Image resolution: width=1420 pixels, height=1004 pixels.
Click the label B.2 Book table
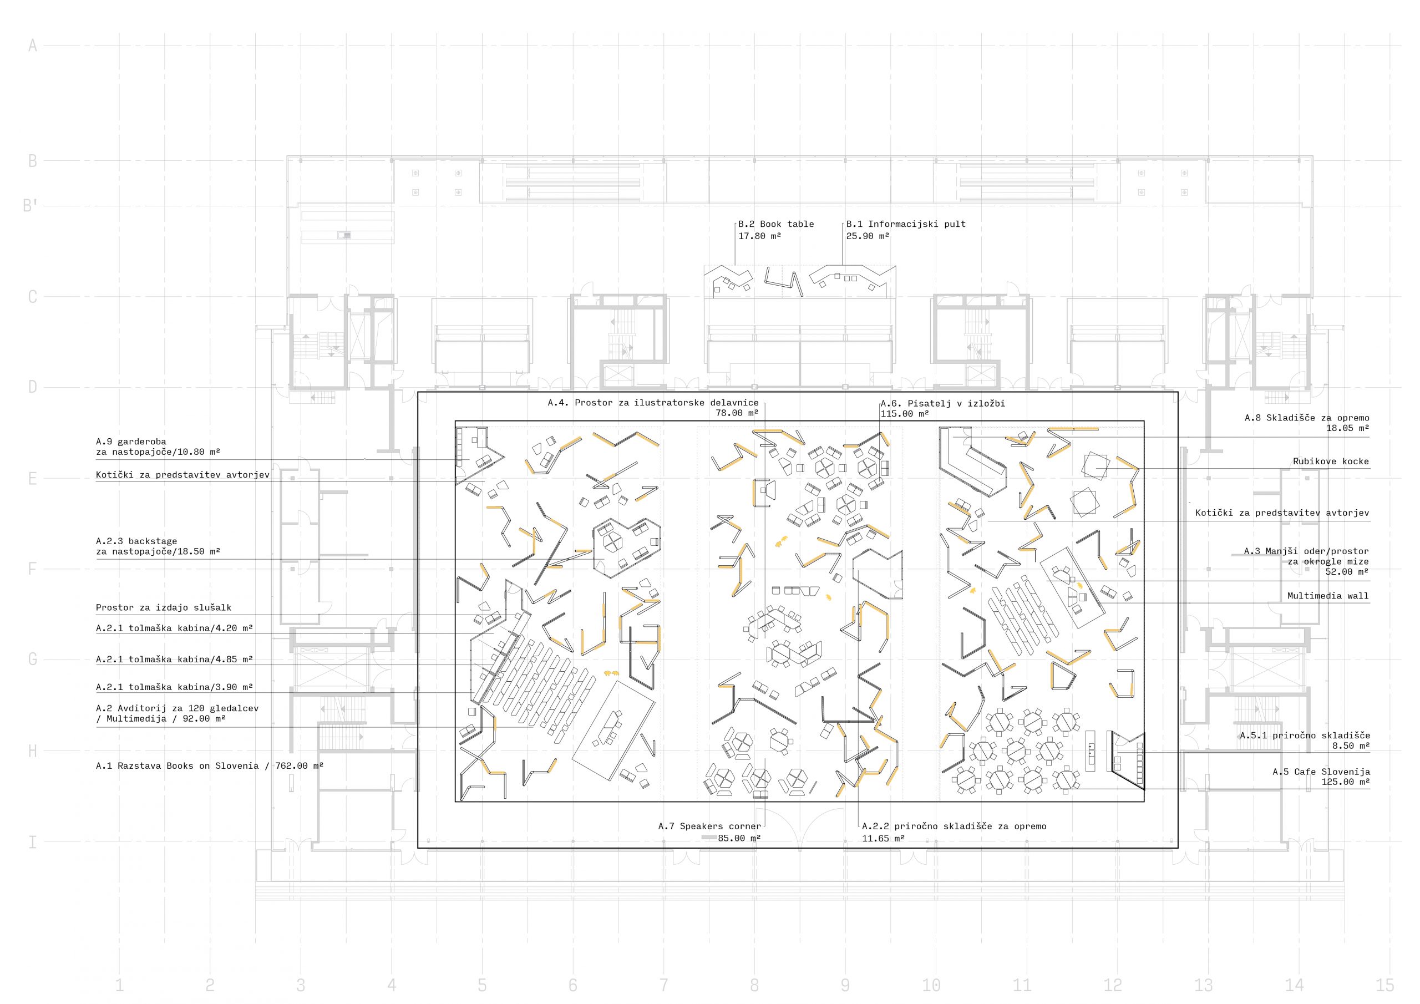pos(775,224)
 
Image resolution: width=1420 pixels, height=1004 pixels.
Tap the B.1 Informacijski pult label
pos(905,224)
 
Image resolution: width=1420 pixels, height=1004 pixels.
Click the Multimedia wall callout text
pos(1328,596)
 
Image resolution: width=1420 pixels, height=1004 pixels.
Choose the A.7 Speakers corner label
pos(709,826)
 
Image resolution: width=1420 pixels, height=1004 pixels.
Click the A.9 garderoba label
pos(131,442)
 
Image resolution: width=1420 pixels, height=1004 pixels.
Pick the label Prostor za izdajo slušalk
pos(164,607)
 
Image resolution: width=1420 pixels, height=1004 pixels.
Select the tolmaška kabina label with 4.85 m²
pos(174,660)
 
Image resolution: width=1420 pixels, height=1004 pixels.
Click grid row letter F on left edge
pos(33,569)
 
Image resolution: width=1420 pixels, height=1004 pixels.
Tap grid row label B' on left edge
pos(31,205)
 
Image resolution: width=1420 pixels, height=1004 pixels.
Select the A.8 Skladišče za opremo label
pos(1307,418)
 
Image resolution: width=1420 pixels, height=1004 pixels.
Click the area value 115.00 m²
pos(905,414)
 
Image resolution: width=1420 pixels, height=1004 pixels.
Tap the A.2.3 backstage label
pos(136,541)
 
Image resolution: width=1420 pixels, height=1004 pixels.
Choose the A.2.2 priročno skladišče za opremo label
pos(954,826)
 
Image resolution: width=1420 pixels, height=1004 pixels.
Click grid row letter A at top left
pos(33,45)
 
